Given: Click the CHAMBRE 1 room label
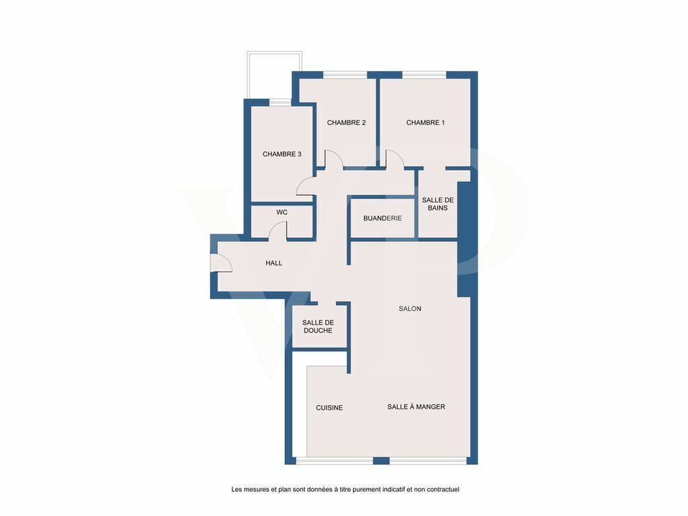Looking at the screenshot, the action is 425,122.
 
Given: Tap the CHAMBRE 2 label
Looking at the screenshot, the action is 346,122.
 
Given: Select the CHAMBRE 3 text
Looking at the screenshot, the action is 282,154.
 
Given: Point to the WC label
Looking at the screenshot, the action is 282,212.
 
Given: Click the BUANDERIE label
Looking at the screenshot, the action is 382,218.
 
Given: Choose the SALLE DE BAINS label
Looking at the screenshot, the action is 437,204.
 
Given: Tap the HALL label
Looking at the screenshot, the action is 274,263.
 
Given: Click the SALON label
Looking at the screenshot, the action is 410,309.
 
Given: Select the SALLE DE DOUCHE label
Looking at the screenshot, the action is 318,327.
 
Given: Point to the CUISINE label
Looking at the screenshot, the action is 329,408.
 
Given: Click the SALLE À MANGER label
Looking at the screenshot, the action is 416,406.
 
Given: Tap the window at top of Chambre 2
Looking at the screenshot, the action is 345,75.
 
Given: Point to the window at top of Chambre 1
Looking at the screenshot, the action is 425,75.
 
